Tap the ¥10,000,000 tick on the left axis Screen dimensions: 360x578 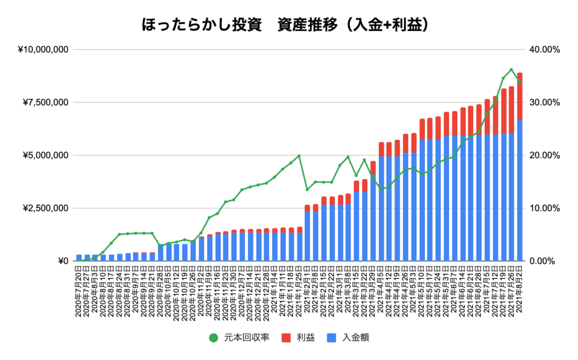pyautogui.click(x=43, y=50)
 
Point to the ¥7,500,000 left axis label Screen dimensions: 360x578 pyautogui.click(x=46, y=103)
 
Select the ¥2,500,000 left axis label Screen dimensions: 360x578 pyautogui.click(x=46, y=208)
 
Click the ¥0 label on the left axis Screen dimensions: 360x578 pyautogui.click(x=62, y=261)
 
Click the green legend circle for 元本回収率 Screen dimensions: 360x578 pyautogui.click(x=213, y=338)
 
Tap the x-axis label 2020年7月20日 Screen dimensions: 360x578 pyautogui.click(x=80, y=293)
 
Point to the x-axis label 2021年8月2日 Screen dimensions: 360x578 pyautogui.click(x=519, y=293)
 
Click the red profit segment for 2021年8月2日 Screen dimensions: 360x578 pyautogui.click(x=519, y=96)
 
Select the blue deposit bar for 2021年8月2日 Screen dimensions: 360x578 pyautogui.click(x=519, y=192)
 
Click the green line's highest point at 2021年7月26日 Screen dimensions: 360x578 pyautogui.click(x=511, y=70)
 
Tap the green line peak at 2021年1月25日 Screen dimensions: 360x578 pyautogui.click(x=299, y=156)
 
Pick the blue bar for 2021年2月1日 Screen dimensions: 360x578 pyautogui.click(x=307, y=237)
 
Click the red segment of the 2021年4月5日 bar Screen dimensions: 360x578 pyautogui.click(x=381, y=150)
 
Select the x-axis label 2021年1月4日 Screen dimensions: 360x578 pyautogui.click(x=275, y=293)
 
